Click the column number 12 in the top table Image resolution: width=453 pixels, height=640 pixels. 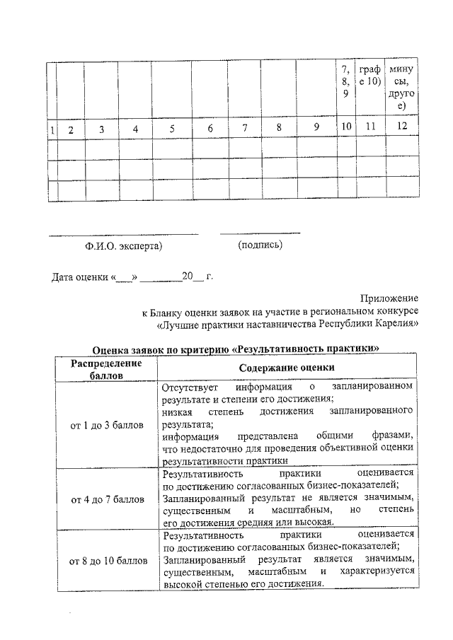pyautogui.click(x=401, y=128)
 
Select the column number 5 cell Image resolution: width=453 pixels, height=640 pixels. pyautogui.click(x=171, y=129)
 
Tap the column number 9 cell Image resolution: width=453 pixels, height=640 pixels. pyautogui.click(x=317, y=128)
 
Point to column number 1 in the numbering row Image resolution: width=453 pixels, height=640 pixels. pyautogui.click(x=52, y=129)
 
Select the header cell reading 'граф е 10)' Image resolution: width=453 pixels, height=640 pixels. pyautogui.click(x=369, y=76)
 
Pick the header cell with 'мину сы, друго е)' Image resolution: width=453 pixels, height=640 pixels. pyautogui.click(x=401, y=88)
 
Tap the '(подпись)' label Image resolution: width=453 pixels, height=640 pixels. pyautogui.click(x=260, y=245)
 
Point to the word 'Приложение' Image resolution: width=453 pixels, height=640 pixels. pyautogui.click(x=389, y=299)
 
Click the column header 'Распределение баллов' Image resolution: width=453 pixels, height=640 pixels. pyautogui.click(x=106, y=368)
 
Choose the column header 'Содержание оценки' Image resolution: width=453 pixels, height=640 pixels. pyautogui.click(x=287, y=368)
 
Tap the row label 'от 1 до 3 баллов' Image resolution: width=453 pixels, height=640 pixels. pyautogui.click(x=106, y=425)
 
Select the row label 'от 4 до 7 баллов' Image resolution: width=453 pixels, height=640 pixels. pyautogui.click(x=106, y=499)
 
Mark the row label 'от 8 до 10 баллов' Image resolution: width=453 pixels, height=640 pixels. pyautogui.click(x=106, y=561)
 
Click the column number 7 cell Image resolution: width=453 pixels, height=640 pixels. pyautogui.click(x=244, y=128)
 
